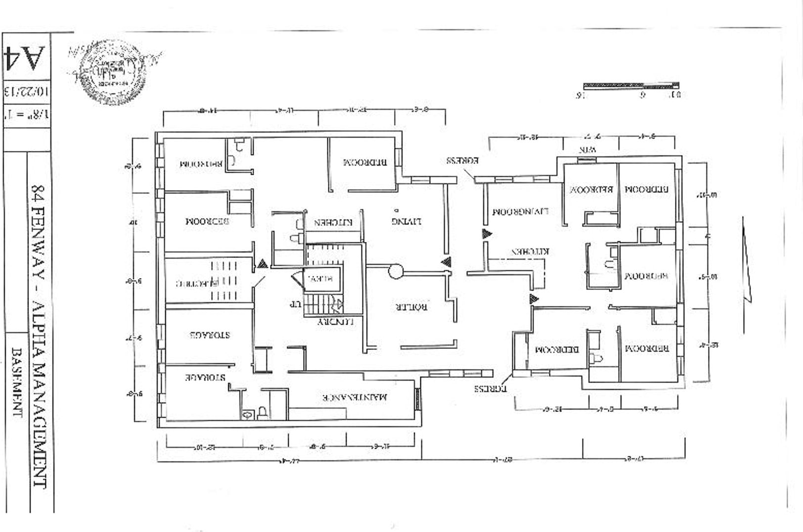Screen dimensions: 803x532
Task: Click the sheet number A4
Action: pos(25,57)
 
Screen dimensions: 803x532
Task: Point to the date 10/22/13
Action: pos(26,91)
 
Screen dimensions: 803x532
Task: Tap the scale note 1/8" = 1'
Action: pos(26,115)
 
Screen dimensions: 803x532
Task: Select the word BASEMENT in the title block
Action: pos(17,382)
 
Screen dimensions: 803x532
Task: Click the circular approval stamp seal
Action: pos(113,72)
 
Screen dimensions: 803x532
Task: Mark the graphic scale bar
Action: pos(631,86)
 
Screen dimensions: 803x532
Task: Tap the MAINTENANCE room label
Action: pos(355,397)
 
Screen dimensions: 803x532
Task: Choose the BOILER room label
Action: pos(411,307)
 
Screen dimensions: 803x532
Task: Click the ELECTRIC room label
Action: pos(197,283)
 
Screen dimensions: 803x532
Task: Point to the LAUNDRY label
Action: pos(336,322)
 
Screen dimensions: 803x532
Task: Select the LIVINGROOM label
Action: pos(520,212)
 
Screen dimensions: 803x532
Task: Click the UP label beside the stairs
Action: pos(295,303)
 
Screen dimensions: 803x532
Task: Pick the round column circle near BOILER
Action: pos(396,271)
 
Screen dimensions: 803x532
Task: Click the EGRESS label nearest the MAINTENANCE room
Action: pos(491,388)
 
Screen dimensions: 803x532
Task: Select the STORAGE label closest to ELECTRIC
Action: pos(210,335)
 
